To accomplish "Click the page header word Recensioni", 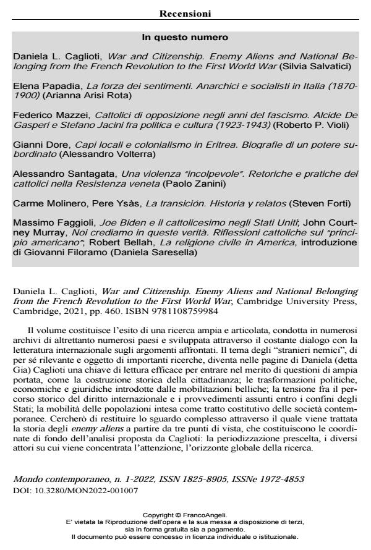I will point(185,13).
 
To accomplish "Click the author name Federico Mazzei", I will point(43,115).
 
